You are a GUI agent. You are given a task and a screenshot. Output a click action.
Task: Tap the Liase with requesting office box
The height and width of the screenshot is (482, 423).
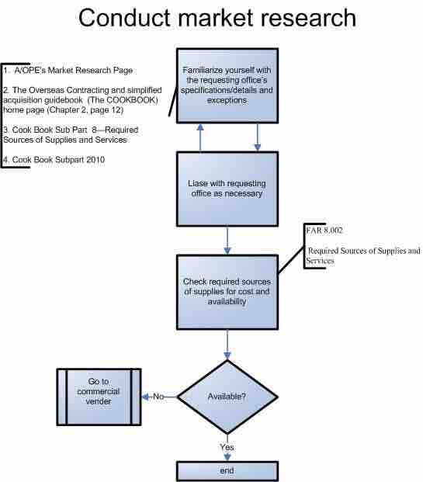click(227, 188)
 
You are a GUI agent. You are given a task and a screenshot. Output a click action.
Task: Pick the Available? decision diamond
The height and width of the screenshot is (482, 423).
click(227, 397)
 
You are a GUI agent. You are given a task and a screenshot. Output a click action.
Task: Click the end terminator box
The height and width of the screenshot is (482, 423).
click(227, 470)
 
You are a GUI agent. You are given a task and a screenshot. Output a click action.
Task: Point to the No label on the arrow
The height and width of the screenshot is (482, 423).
click(158, 396)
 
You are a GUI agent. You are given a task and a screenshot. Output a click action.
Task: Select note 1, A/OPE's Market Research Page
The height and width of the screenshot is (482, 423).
click(68, 71)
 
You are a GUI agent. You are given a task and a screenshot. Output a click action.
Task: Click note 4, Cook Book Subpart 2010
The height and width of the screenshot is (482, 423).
click(54, 159)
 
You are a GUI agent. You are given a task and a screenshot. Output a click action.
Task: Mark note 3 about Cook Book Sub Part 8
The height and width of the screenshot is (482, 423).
click(65, 134)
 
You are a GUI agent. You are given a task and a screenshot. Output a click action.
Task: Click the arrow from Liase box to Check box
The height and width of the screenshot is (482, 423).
click(227, 240)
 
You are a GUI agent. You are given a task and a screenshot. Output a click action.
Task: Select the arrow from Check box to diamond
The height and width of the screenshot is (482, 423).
click(227, 344)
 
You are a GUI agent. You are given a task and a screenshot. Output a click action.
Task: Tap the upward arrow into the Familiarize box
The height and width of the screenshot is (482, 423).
click(201, 137)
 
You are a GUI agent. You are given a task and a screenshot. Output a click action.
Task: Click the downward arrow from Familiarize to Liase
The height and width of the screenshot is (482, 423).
click(257, 137)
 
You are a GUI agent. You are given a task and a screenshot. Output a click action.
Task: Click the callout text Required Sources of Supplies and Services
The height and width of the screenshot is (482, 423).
click(363, 256)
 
